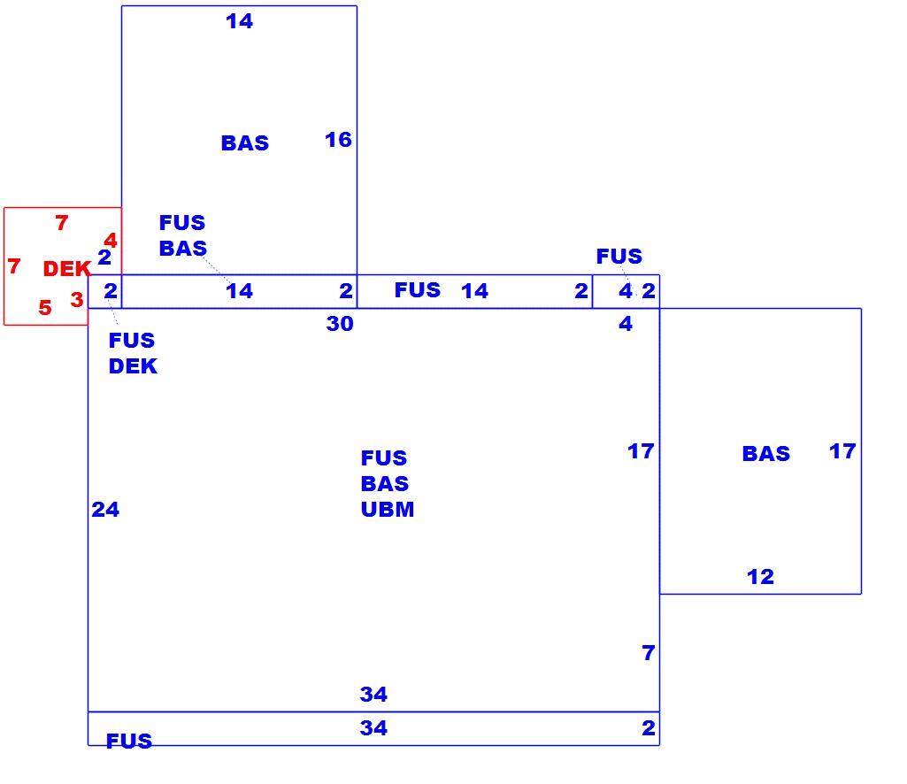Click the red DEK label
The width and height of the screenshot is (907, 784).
pos(67,268)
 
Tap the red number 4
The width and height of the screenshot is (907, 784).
pos(111,240)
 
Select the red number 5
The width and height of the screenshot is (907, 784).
pos(45,307)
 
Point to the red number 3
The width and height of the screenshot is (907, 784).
pos(77,299)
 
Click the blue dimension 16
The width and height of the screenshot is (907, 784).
pos(338,140)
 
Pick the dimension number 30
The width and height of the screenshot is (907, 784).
pos(340,324)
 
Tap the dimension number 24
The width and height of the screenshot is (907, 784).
pos(105,509)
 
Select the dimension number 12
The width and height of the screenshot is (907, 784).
pos(760,576)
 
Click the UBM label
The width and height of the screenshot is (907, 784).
pos(388,509)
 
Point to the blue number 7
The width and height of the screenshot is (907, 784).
pos(649,653)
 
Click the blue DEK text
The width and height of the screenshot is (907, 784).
pos(133,366)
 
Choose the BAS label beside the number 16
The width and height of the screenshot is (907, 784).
pos(245,143)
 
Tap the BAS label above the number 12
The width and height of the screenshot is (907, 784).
pos(766,454)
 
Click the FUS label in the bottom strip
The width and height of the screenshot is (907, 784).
pos(129,741)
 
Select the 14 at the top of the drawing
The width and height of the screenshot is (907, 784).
pos(240,21)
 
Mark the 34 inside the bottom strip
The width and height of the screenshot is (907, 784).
pos(373,727)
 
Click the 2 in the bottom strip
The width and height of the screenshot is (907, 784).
pos(649,728)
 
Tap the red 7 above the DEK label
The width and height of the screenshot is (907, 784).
pos(62,222)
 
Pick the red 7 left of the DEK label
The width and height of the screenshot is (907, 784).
pos(14,265)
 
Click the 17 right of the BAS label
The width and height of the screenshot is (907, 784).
pos(842,451)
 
